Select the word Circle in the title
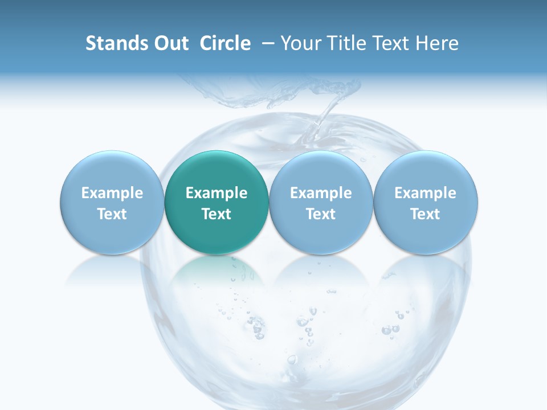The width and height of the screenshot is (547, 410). click(225, 43)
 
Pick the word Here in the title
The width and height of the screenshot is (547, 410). click(436, 43)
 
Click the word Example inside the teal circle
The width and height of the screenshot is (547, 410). click(217, 193)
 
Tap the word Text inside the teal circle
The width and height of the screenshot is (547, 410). click(217, 214)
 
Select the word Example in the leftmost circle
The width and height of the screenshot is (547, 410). click(112, 193)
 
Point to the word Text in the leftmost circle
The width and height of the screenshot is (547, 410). click(112, 214)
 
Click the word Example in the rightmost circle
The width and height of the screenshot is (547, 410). click(426, 193)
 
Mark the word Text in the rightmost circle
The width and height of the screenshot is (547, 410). click(426, 214)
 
